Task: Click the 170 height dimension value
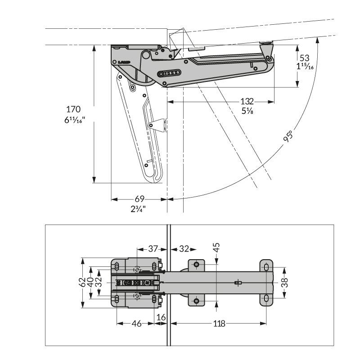(x=73, y=109)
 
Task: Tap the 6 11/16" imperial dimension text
(x=75, y=120)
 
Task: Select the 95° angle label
(x=288, y=136)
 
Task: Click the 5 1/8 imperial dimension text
(x=247, y=111)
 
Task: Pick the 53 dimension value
(x=304, y=58)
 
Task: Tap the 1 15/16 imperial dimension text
(x=305, y=67)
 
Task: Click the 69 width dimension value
(x=139, y=198)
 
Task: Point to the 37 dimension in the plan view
(x=153, y=249)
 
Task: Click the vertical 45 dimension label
(x=216, y=247)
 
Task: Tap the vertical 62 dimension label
(x=82, y=283)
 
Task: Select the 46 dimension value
(x=136, y=324)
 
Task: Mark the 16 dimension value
(x=161, y=318)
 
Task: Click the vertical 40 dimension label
(x=90, y=283)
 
